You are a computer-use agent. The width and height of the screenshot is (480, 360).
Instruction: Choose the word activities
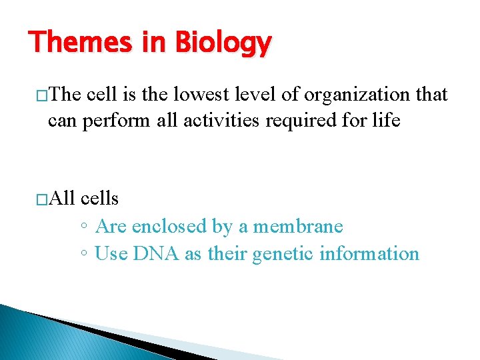pos(219,122)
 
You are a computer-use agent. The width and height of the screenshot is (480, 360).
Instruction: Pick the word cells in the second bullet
pos(99,198)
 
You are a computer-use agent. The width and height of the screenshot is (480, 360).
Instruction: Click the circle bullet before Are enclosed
pos(84,227)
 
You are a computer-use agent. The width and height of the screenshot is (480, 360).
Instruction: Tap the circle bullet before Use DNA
pos(84,255)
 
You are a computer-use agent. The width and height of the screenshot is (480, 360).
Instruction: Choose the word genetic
pos(283,254)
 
